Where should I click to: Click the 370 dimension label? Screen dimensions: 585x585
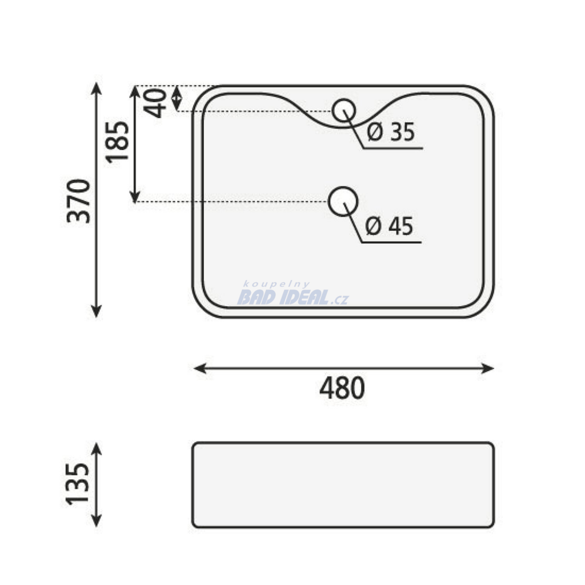79,202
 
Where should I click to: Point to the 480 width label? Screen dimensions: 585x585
342,388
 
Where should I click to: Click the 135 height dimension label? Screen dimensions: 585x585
78,484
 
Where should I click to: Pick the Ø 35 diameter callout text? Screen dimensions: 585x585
391,132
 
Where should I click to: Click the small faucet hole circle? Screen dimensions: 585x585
344,99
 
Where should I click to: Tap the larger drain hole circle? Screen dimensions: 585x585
343,187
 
